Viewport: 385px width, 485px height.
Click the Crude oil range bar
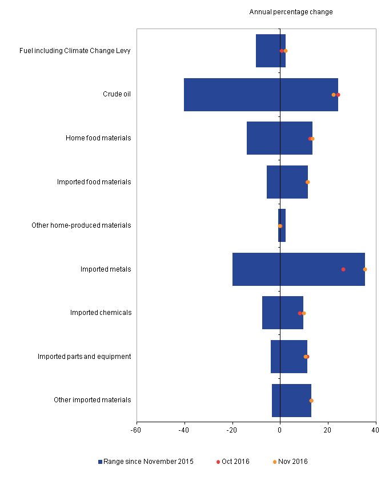coord(260,95)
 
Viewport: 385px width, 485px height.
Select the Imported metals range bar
coord(298,269)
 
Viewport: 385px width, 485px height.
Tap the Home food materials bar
coord(279,138)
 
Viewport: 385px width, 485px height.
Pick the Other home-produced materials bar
coord(282,225)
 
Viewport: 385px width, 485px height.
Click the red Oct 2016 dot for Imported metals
coord(343,269)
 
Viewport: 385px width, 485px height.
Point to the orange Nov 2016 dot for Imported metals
coord(365,269)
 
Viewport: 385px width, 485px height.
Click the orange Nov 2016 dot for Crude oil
coord(334,95)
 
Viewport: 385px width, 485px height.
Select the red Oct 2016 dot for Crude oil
coord(338,95)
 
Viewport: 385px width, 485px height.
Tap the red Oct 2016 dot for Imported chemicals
coord(300,313)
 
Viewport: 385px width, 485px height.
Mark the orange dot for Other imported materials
coord(311,401)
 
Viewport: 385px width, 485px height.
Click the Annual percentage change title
coord(291,12)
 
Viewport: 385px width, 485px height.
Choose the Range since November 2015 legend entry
coord(146,462)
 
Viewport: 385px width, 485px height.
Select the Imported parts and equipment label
coord(85,357)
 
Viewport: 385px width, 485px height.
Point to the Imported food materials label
coord(94,182)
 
